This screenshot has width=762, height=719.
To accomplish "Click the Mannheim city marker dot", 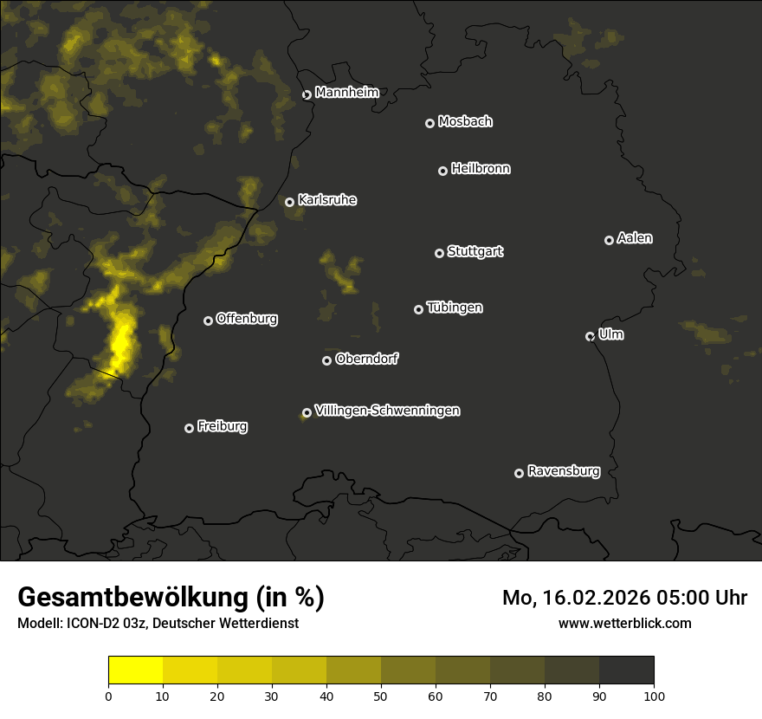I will (307, 95).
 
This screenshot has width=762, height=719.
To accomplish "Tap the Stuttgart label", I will (475, 252).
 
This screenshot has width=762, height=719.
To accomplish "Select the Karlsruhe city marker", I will (289, 203).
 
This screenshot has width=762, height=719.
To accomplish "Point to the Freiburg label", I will (222, 426).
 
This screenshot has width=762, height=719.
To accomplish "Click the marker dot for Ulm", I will (590, 337).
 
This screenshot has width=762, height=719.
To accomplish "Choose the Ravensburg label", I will (563, 472).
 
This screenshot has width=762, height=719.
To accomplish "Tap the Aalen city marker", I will (609, 241).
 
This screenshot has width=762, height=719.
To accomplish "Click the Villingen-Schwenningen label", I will (387, 411).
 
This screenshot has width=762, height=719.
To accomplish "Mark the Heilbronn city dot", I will (442, 172).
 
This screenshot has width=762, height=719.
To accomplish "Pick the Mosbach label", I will (465, 122).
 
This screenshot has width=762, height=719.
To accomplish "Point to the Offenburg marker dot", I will (208, 321).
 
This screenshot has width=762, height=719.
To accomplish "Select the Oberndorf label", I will (366, 359).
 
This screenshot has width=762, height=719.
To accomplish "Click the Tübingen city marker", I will (418, 310).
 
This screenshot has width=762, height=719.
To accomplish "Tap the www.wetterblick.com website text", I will (624, 624).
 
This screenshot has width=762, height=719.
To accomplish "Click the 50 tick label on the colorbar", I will (381, 696).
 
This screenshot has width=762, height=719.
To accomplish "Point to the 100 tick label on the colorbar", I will (654, 696).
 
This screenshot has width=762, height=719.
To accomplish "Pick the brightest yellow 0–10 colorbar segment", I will (136, 670).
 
